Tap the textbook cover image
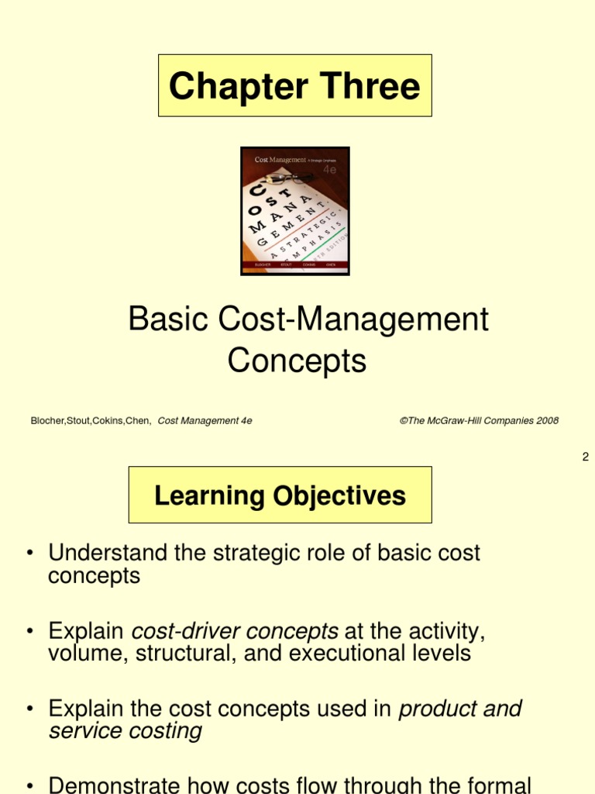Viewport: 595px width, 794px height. (x=295, y=211)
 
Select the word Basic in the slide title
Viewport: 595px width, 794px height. (x=160, y=319)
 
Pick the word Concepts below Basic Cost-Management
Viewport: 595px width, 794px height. (x=297, y=361)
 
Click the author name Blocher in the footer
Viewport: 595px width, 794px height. (x=50, y=421)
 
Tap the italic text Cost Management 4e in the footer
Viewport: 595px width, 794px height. (x=205, y=421)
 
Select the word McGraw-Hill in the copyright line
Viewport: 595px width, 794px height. (x=461, y=421)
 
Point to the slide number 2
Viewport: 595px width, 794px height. (x=586, y=457)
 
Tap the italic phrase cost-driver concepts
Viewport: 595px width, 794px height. (x=236, y=630)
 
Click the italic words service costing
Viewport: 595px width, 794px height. (x=126, y=731)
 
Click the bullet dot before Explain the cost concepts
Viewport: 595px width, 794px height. (x=29, y=709)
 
